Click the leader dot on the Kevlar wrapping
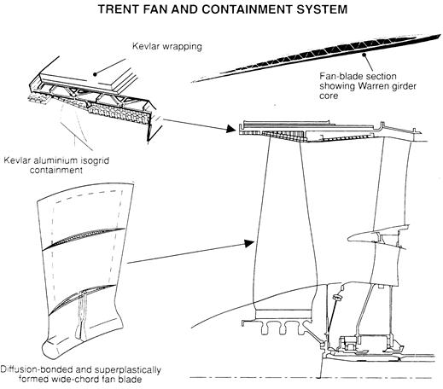pyautogui.click(x=95, y=74)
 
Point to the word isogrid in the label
pyautogui.click(x=95, y=160)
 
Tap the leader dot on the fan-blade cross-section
pyautogui.click(x=364, y=55)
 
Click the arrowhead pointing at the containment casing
pyautogui.click(x=230, y=130)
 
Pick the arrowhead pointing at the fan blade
pyautogui.click(x=249, y=244)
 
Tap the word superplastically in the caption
pyautogui.click(x=128, y=370)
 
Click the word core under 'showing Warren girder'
pyautogui.click(x=329, y=96)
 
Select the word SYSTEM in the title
pyautogui.click(x=322, y=9)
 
